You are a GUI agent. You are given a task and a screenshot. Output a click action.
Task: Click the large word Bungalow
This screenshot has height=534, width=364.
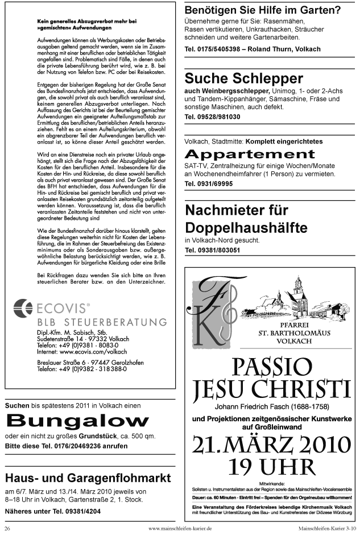pyautogui.click(x=77, y=421)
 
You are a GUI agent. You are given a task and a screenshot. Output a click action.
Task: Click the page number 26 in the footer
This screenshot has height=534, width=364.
pyautogui.click(x=8, y=528)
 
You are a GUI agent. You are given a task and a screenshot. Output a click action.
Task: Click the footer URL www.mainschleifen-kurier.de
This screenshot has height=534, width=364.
pyautogui.click(x=180, y=528)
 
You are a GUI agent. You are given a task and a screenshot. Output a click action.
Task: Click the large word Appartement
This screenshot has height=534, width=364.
pyautogui.click(x=250, y=154)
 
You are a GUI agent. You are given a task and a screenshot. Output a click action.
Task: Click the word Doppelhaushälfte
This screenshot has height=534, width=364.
pyautogui.click(x=246, y=228)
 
